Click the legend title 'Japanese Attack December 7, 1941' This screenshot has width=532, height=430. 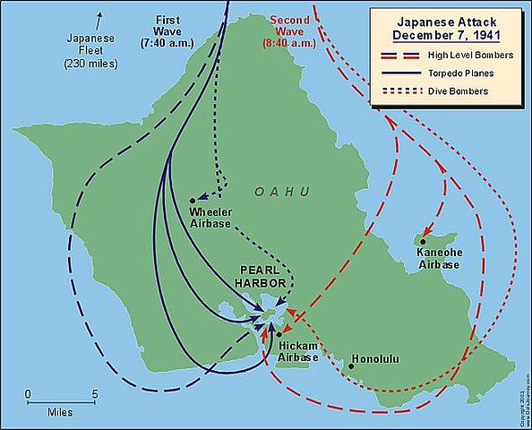(445, 28)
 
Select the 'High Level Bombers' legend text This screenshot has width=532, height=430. (469, 56)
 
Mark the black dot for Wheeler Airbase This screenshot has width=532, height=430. (193, 201)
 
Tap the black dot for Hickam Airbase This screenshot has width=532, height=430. (279, 334)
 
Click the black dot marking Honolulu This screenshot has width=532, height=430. (350, 365)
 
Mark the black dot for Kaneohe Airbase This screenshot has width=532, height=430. (423, 241)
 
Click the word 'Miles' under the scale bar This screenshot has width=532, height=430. (60, 413)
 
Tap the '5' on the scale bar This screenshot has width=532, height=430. (96, 393)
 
